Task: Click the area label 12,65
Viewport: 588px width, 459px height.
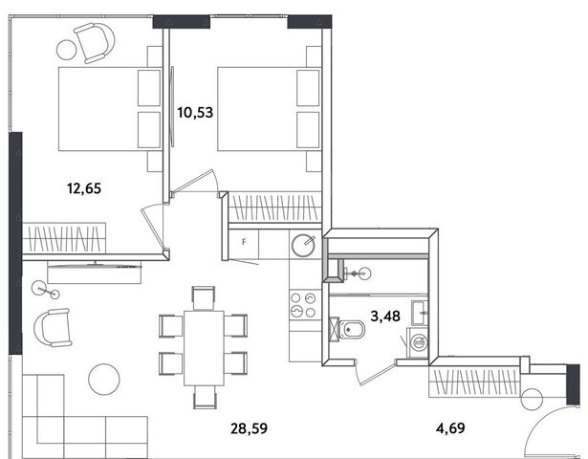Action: coord(84,188)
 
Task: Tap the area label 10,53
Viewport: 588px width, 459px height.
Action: coord(195,112)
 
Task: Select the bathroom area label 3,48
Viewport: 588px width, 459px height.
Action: coord(385,317)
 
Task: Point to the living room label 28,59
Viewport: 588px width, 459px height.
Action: coord(249,427)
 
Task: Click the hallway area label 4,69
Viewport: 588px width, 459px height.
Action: coord(450,427)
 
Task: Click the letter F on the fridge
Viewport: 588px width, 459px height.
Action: coord(244,242)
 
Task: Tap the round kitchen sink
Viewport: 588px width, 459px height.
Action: coord(303,246)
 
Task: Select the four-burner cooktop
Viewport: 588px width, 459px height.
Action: coord(303,305)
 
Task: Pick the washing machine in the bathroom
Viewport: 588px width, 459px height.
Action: coord(419,342)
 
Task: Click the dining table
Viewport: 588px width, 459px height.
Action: coord(204,348)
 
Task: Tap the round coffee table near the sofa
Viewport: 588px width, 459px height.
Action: coord(104,379)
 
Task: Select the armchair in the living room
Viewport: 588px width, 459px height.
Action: coord(53,328)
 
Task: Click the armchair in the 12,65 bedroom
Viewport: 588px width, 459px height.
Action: coord(95,43)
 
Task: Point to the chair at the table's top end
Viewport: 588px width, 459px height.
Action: coord(204,297)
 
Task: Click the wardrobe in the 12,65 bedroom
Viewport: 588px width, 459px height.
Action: coord(64,238)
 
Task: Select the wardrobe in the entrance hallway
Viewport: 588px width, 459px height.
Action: coord(474,382)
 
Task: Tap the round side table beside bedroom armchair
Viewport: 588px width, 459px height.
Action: coord(67,50)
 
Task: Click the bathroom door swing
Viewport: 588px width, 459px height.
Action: coord(375,372)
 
